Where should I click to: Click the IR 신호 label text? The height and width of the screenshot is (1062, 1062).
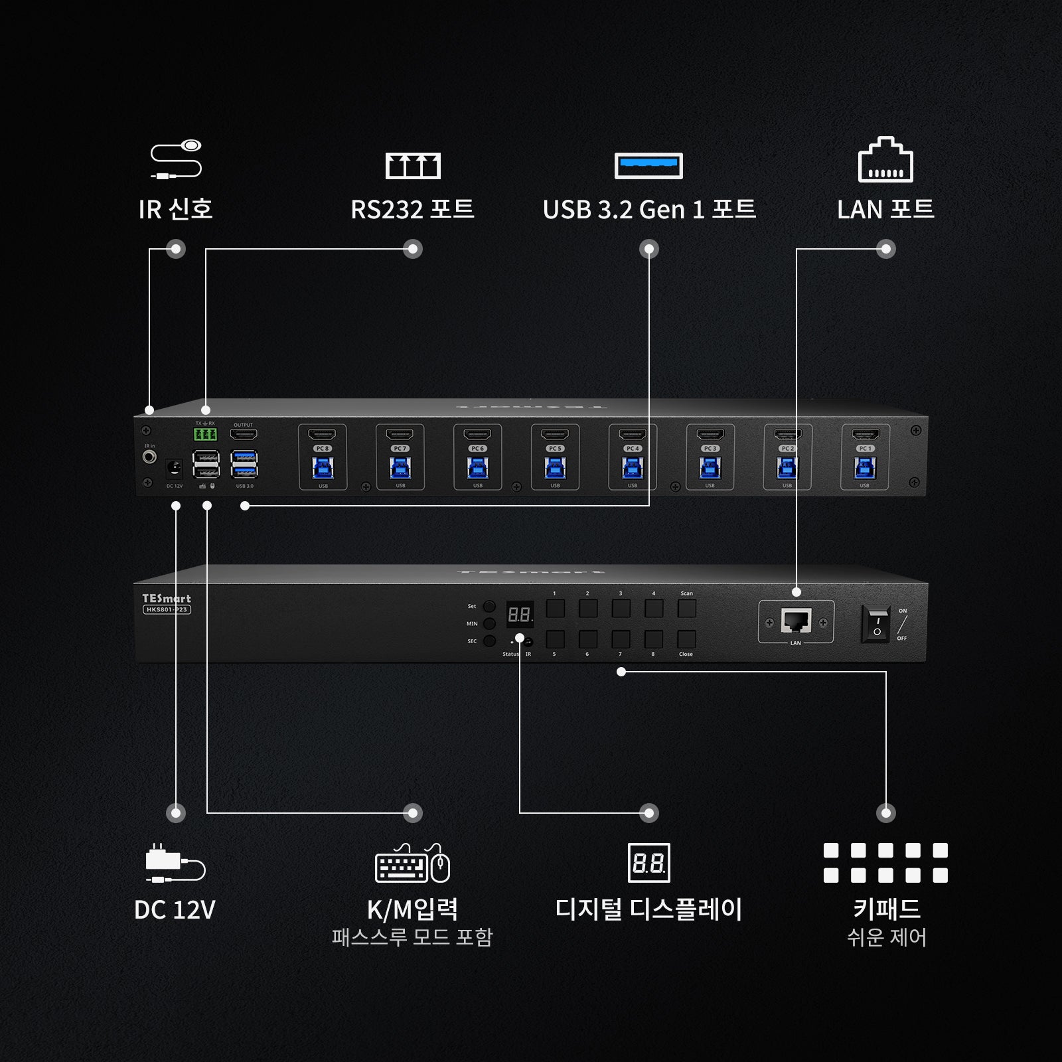(x=175, y=209)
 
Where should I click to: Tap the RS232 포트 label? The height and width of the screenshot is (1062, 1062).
(x=412, y=209)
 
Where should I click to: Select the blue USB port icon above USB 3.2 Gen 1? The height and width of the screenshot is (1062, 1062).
(x=648, y=165)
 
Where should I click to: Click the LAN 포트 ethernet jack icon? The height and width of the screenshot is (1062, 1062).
(x=885, y=160)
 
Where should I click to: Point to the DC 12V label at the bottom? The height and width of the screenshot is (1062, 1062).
(x=175, y=909)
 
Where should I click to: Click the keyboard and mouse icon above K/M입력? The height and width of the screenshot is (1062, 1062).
(x=412, y=864)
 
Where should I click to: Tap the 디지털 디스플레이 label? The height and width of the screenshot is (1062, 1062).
(x=648, y=909)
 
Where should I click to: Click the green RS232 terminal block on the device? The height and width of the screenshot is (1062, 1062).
(x=205, y=435)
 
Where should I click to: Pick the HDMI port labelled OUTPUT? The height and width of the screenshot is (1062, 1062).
(x=244, y=435)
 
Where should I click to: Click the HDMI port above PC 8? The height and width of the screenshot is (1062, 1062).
(x=323, y=435)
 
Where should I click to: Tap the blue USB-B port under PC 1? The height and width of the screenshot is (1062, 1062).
(x=864, y=469)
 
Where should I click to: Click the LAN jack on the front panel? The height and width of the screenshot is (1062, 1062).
(x=796, y=621)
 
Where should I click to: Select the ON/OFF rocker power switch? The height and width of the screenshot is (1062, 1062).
(x=877, y=624)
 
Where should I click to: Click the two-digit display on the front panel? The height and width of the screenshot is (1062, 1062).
(x=520, y=615)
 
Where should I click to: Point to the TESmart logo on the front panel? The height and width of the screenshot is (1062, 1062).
(x=167, y=599)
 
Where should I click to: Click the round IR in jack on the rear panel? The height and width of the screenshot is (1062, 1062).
(x=150, y=457)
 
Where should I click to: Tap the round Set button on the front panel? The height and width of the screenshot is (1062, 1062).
(x=489, y=606)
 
